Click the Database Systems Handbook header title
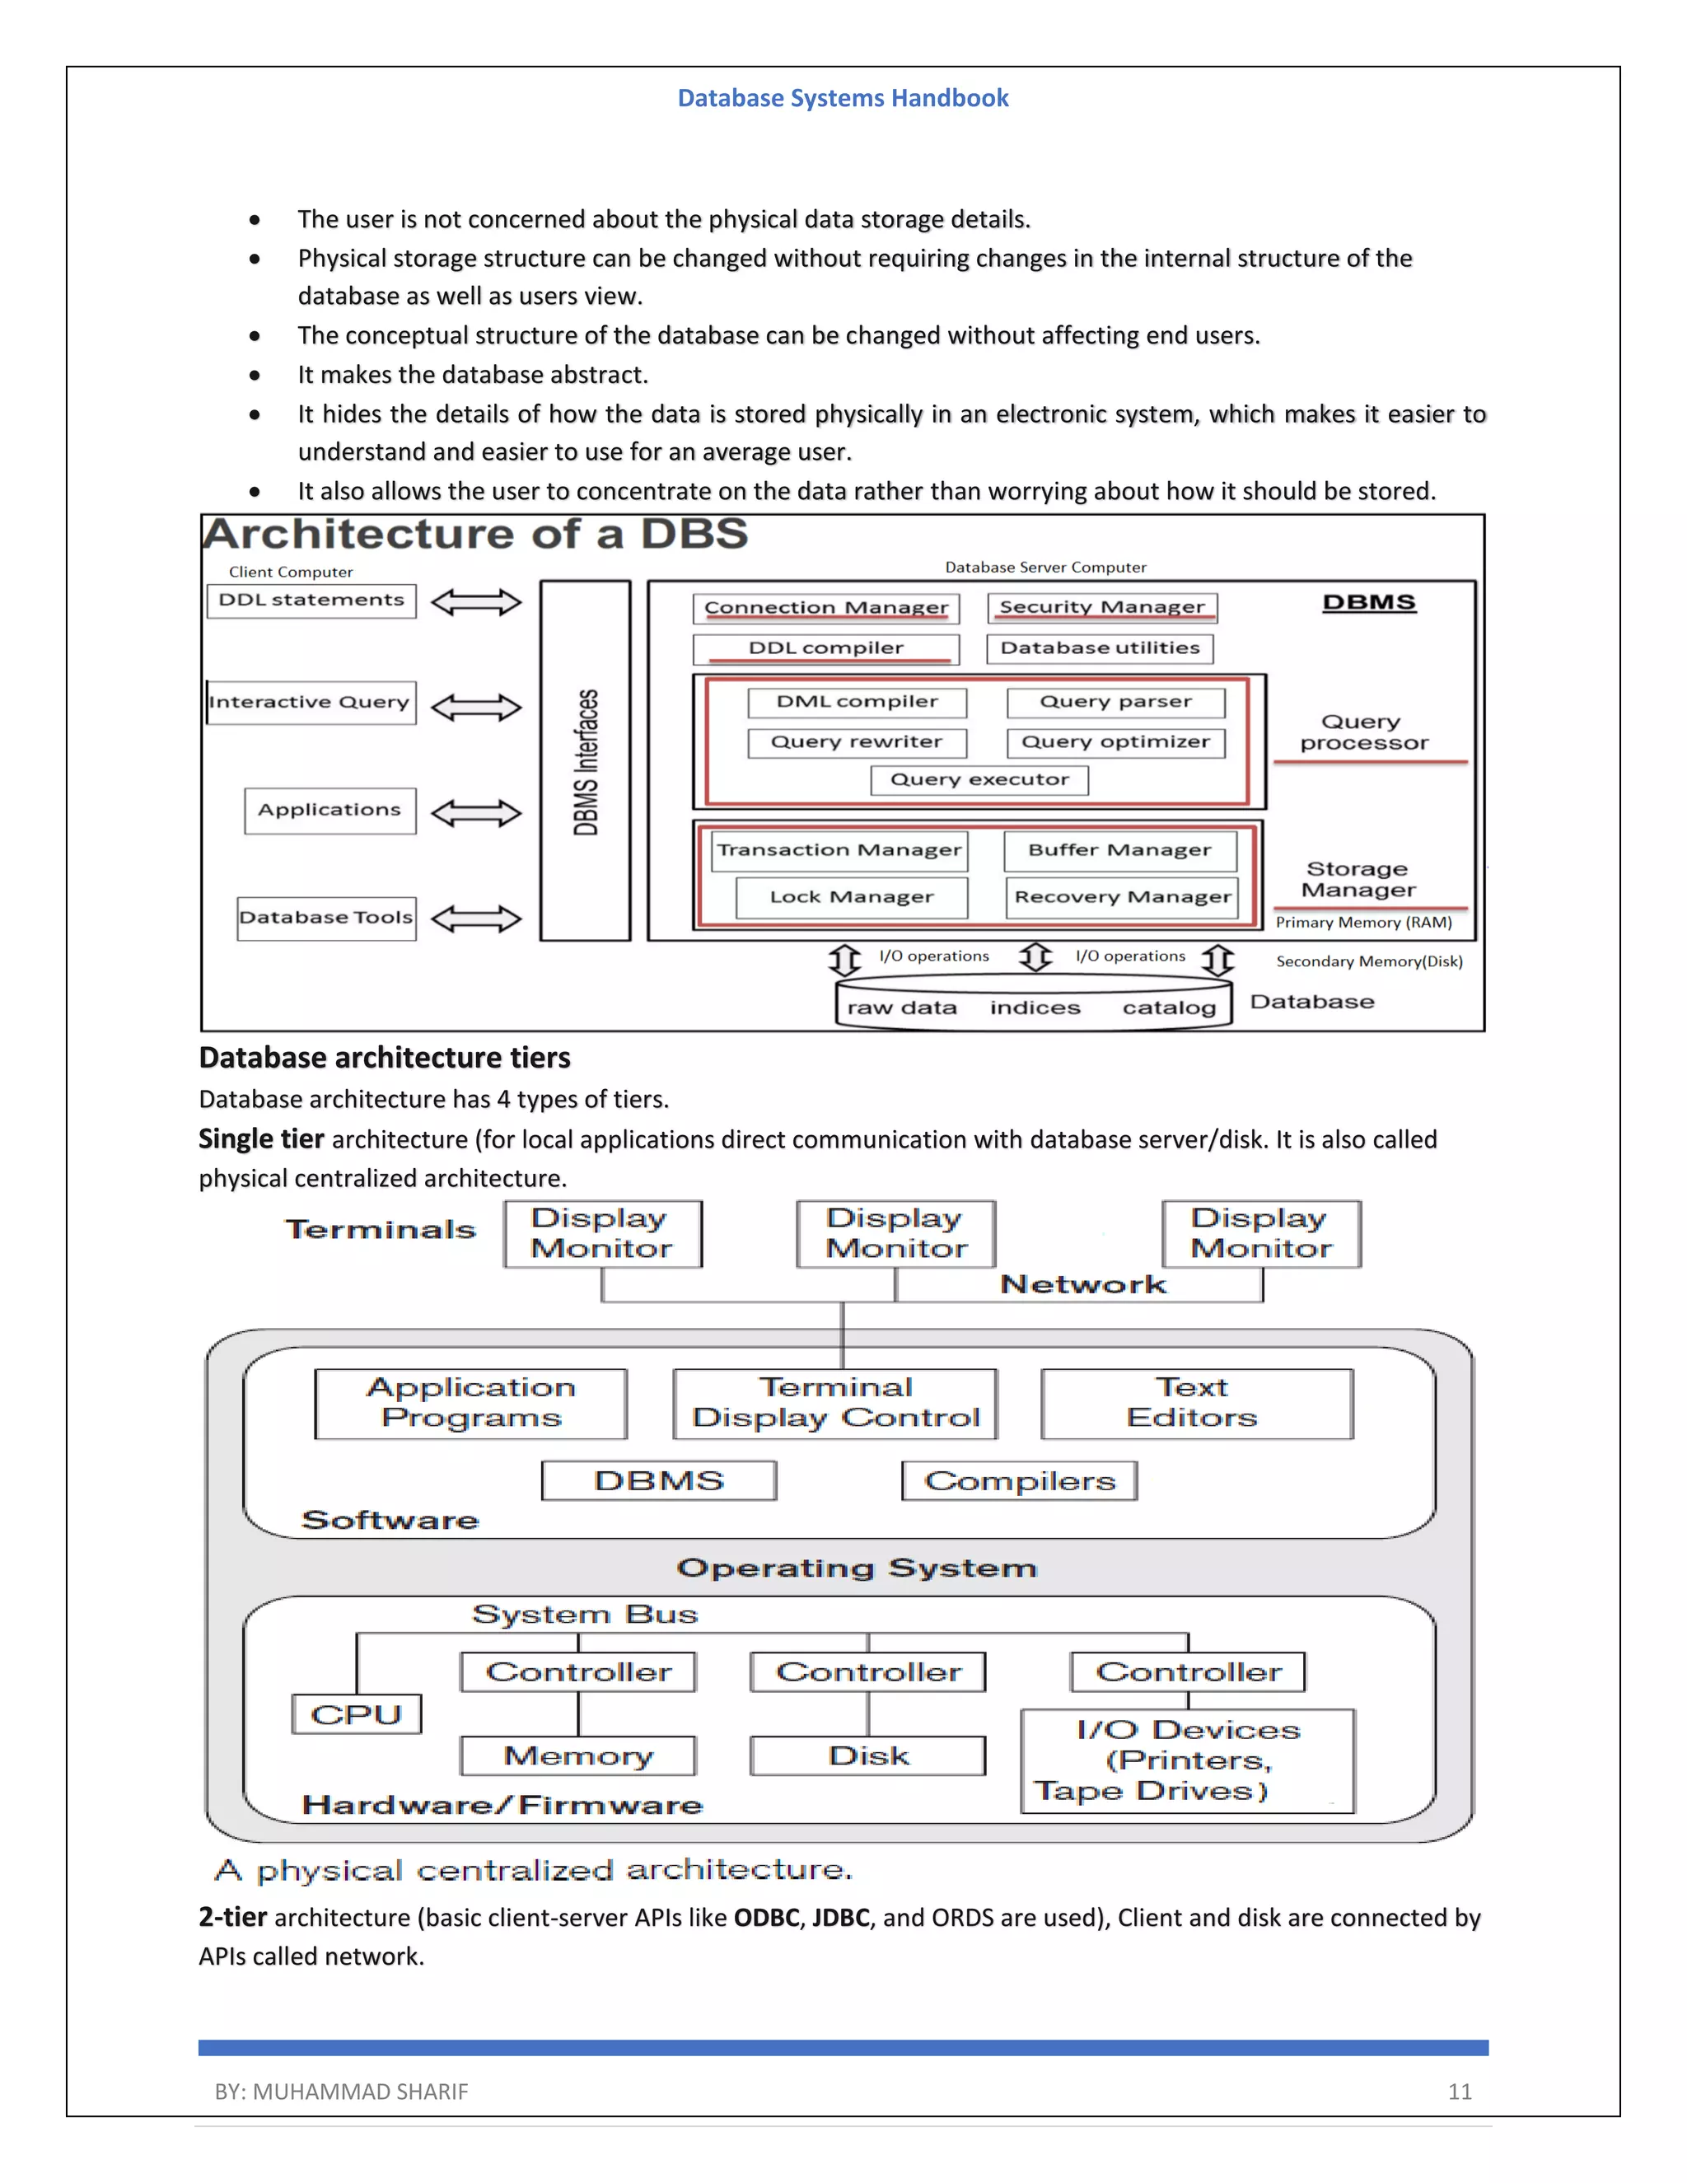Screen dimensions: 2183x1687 click(x=843, y=98)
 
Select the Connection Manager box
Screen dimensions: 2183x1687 click(x=825, y=608)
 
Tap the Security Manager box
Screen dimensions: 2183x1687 click(x=1101, y=607)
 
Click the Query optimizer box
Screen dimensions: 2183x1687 click(x=1115, y=741)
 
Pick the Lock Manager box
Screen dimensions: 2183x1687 click(x=852, y=896)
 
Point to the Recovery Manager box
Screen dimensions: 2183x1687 click(x=1121, y=896)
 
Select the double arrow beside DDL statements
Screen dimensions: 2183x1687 click(x=476, y=601)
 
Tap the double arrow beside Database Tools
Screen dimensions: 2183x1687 click(x=476, y=918)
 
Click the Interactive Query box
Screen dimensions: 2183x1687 click(x=311, y=702)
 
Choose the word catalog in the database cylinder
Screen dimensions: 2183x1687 click(x=1168, y=1007)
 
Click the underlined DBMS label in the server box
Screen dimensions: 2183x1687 click(x=1368, y=603)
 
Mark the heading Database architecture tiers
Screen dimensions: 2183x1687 click(x=385, y=1058)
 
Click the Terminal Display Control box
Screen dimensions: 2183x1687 click(x=835, y=1404)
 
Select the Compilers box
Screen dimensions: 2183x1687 click(x=1020, y=1480)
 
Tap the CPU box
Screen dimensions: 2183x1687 click(x=357, y=1714)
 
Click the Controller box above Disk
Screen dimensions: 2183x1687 click(x=867, y=1672)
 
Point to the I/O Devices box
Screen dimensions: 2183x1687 click(x=1187, y=1760)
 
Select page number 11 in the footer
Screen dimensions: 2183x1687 click(x=1459, y=2091)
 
